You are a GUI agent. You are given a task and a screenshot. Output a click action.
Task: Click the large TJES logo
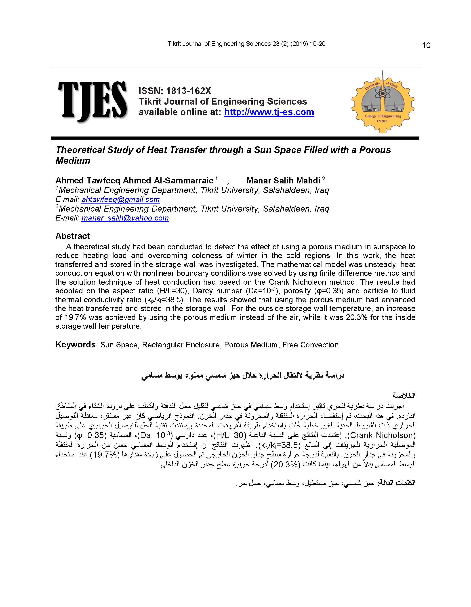tap(92, 101)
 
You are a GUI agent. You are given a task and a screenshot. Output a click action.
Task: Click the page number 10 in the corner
tap(426, 46)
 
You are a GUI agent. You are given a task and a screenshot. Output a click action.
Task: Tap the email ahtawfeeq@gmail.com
tap(121, 199)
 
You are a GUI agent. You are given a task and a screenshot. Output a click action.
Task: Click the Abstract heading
tap(72, 236)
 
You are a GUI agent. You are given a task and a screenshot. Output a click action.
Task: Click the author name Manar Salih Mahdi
tap(283, 181)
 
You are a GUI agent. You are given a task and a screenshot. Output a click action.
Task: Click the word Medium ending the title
tap(73, 161)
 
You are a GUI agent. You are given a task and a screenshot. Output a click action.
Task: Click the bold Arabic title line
tap(243, 376)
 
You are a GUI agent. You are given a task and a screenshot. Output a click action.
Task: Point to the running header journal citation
tap(246, 44)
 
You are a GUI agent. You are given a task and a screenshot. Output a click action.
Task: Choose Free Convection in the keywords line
tap(311, 345)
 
